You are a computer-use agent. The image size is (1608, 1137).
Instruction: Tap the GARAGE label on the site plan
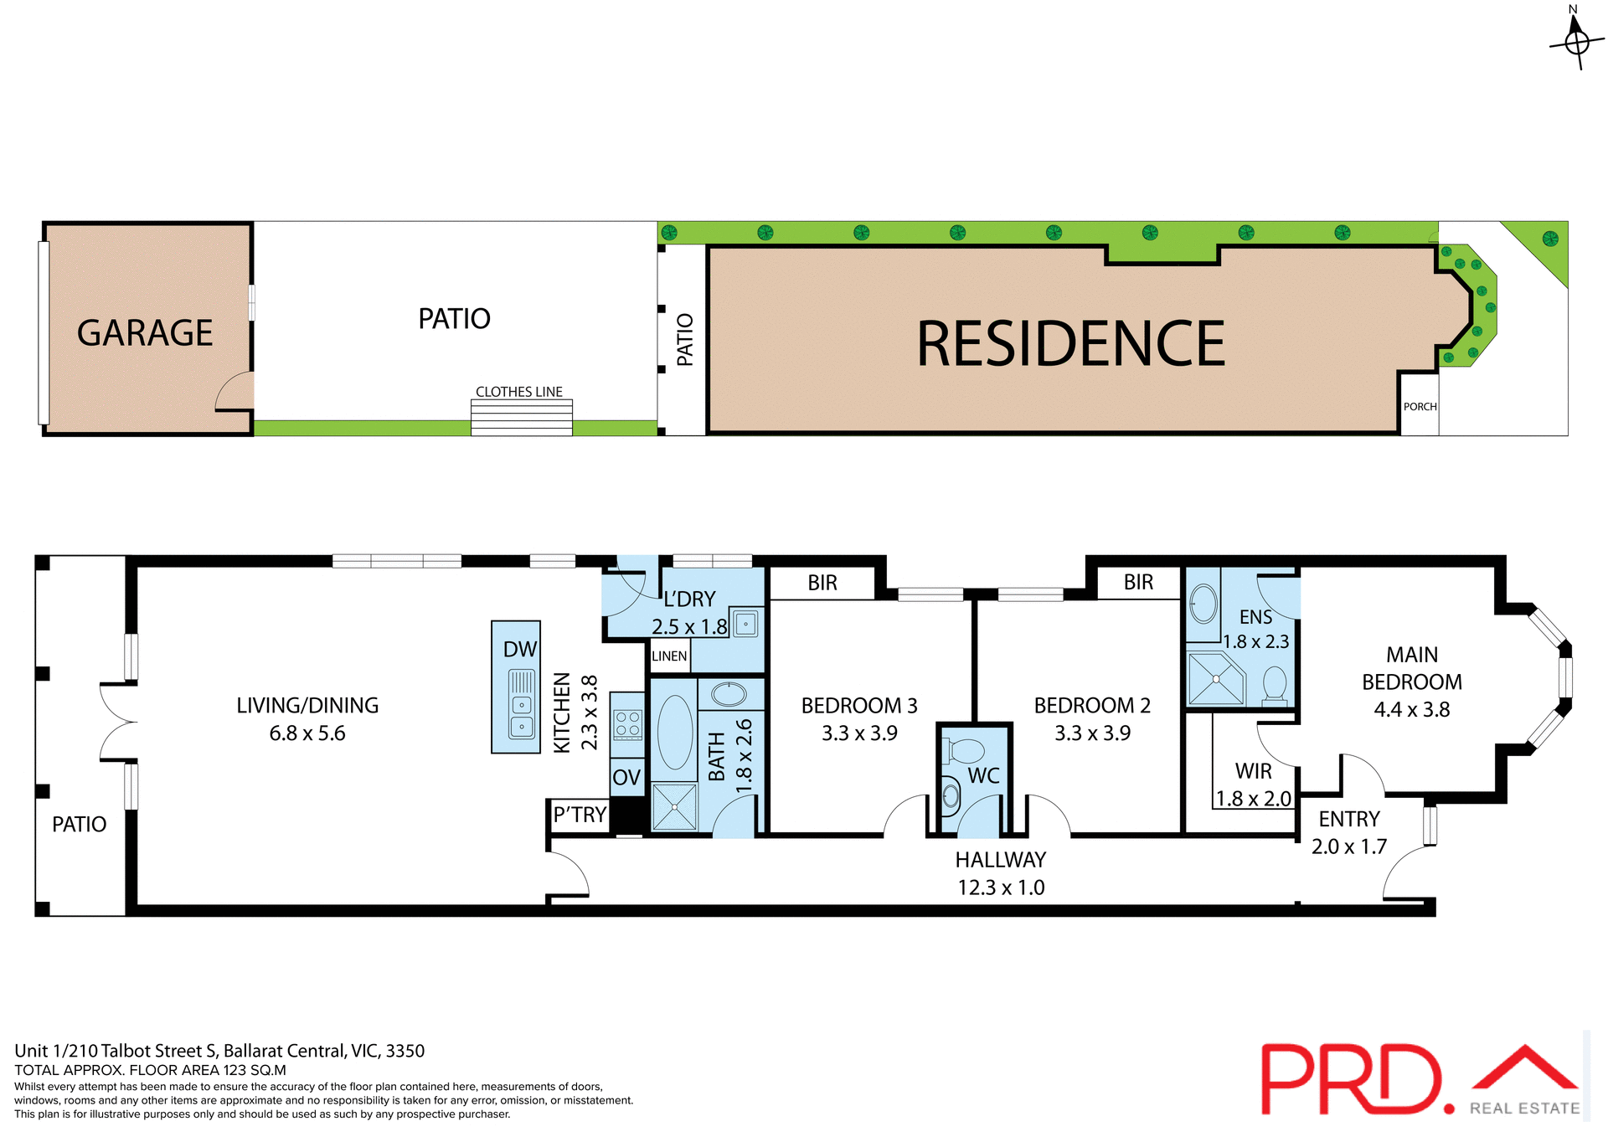click(145, 333)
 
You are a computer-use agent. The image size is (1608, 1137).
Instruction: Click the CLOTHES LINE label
click(518, 392)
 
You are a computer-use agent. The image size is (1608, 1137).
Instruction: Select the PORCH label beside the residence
click(1420, 407)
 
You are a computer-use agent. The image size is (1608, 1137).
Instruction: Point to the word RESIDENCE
click(1070, 344)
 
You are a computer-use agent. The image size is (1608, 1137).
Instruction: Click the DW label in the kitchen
click(519, 650)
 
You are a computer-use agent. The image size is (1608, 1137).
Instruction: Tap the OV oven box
click(626, 777)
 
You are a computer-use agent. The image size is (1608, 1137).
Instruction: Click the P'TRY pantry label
click(580, 815)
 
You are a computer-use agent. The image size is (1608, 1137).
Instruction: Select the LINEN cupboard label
click(669, 656)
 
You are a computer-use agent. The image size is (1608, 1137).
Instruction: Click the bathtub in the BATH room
click(675, 732)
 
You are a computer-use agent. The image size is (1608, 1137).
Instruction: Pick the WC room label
click(983, 775)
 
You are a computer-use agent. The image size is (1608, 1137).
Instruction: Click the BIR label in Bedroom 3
click(822, 584)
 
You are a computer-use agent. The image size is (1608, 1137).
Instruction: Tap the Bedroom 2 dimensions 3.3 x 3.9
click(1092, 733)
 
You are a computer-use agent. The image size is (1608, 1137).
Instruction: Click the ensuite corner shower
click(1215, 679)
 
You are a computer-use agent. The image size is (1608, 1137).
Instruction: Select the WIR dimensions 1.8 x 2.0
click(1253, 799)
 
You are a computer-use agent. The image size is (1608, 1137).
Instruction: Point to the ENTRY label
click(1348, 819)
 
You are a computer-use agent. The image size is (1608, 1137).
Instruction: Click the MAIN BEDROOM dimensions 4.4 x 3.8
click(1411, 710)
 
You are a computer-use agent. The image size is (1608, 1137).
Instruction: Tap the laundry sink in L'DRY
click(745, 624)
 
